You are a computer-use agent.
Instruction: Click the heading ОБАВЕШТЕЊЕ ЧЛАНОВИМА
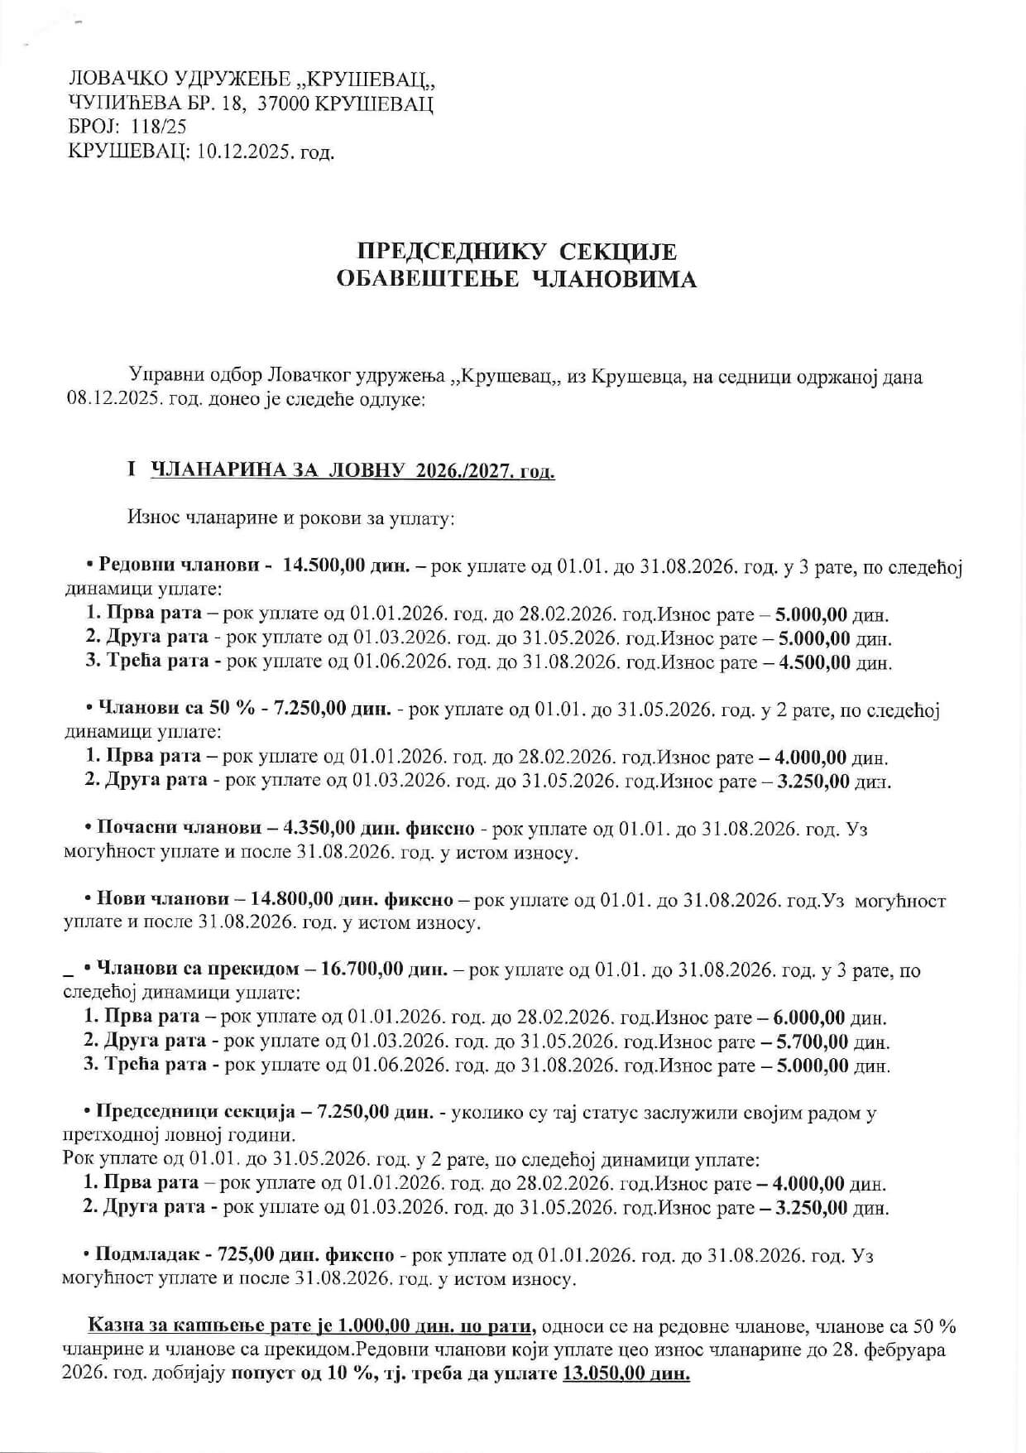pos(515,280)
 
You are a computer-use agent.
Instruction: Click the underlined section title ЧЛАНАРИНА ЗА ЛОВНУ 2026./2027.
pos(352,472)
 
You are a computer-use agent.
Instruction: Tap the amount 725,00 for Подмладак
pos(245,1255)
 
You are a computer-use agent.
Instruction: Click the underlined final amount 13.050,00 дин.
pos(626,1374)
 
